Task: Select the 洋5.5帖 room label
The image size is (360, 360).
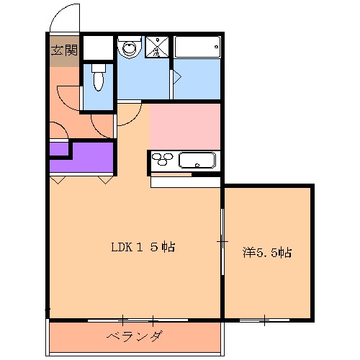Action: coord(266,253)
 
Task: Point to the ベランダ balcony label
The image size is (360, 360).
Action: coord(135,337)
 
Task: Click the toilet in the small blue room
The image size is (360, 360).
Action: coord(99,81)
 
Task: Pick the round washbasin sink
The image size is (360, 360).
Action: coord(130,48)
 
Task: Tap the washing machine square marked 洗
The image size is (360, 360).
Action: coord(156,47)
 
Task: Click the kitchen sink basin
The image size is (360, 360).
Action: coord(197,160)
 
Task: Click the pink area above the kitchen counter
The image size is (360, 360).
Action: coord(184,126)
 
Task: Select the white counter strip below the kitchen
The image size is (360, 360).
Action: coord(184,181)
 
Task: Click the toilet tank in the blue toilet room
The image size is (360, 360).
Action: coord(99,69)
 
